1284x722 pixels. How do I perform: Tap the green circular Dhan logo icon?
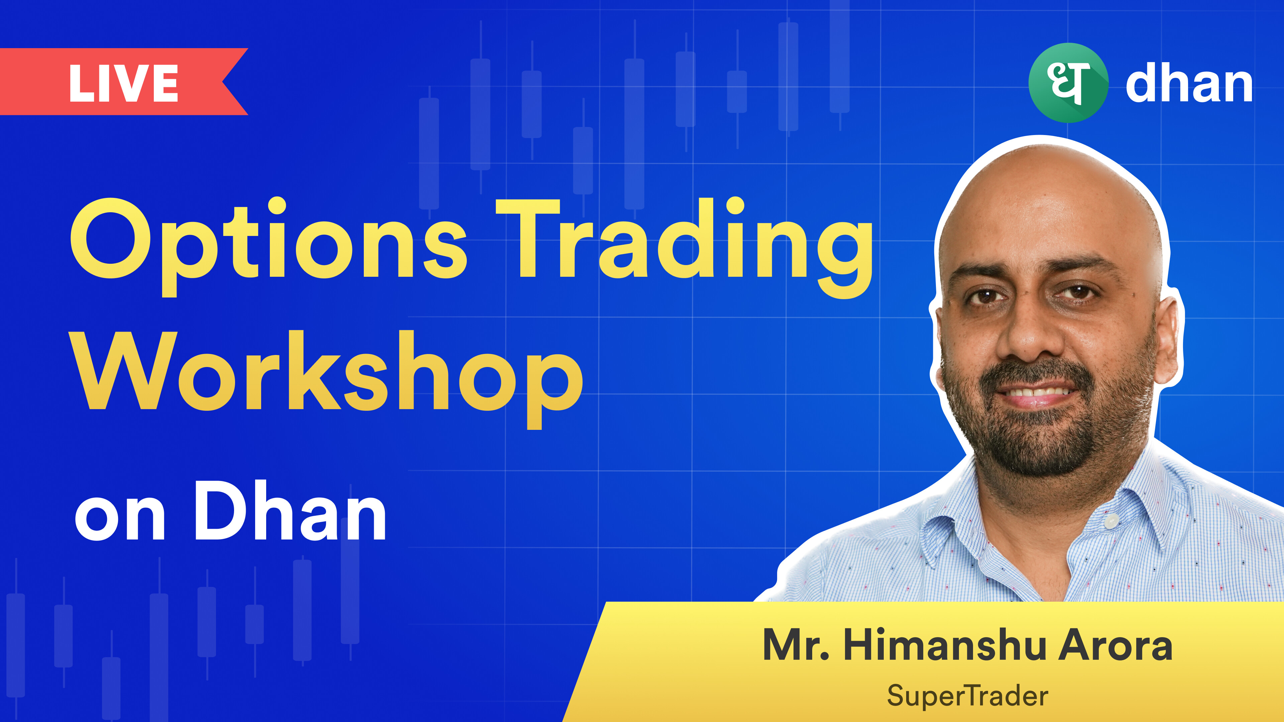coord(1068,83)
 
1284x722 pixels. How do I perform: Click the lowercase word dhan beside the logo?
coord(1189,82)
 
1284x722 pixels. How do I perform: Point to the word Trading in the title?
coord(685,248)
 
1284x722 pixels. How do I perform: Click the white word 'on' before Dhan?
coord(120,518)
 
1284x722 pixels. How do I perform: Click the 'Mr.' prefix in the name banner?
coord(796,645)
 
